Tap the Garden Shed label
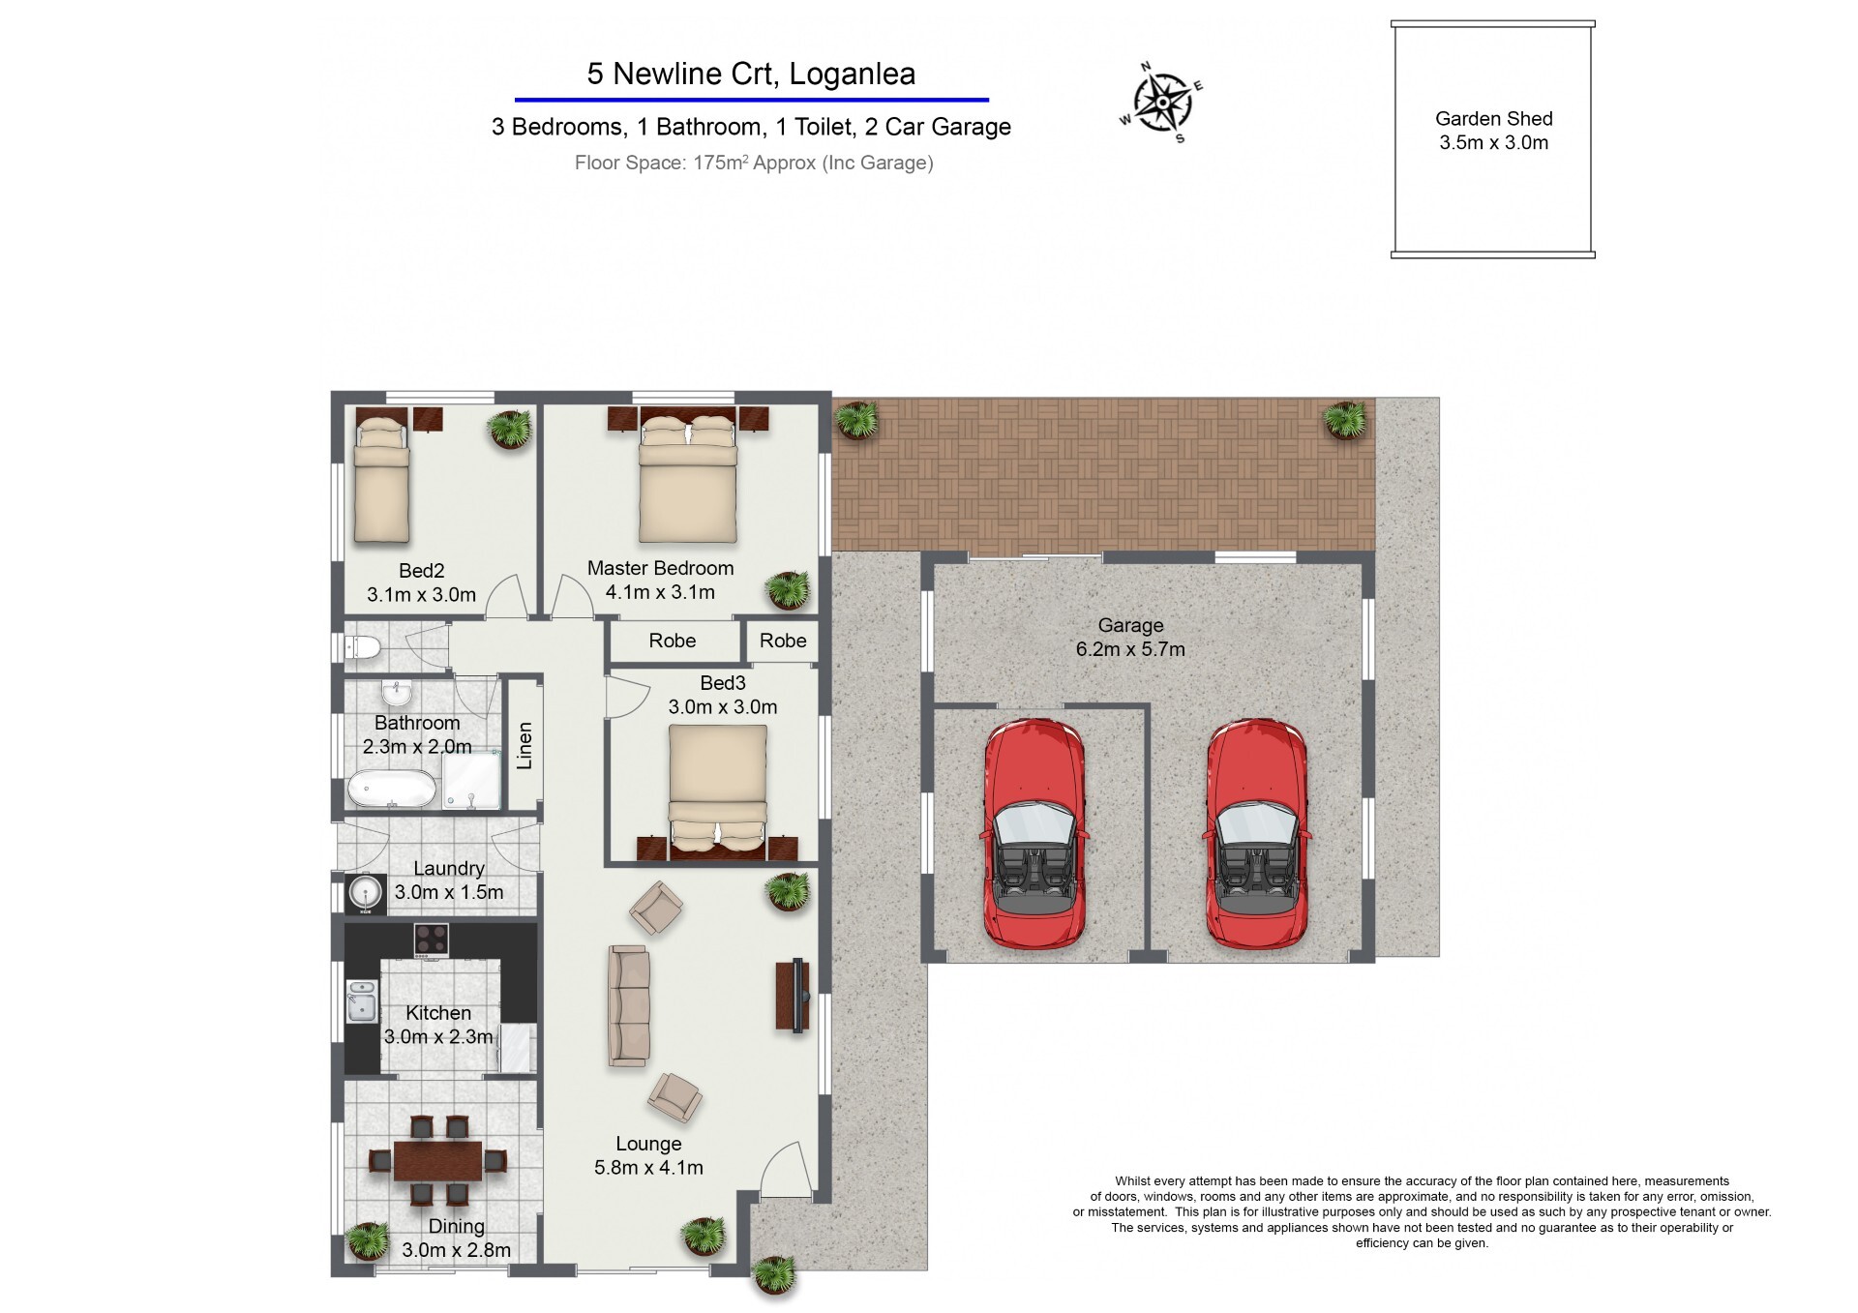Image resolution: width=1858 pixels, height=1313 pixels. pos(1493,119)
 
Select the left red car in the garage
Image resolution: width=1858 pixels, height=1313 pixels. pos(1034,833)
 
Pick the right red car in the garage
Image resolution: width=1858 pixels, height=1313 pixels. pos(1256,833)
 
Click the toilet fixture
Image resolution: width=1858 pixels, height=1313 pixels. pos(363,647)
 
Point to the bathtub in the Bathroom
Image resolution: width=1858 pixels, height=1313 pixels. pos(392,789)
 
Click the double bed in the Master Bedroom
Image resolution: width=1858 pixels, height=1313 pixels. pos(687,478)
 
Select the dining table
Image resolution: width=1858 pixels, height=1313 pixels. pos(437,1160)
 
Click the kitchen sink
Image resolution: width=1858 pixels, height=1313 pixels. pos(362,1001)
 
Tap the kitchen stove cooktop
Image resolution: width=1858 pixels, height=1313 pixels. pos(431,939)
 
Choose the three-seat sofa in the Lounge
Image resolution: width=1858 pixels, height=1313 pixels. pos(628,1006)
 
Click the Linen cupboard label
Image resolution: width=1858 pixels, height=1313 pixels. pos(524,745)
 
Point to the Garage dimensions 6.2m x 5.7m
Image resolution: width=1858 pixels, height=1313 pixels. pos(1130,649)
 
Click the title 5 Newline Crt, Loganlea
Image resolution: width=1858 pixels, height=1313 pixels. pos(751,74)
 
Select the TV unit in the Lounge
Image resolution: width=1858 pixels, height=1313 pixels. pos(793,997)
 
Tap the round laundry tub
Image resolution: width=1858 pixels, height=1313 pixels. pos(365,892)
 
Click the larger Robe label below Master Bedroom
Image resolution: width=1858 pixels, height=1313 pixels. pos(673,641)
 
